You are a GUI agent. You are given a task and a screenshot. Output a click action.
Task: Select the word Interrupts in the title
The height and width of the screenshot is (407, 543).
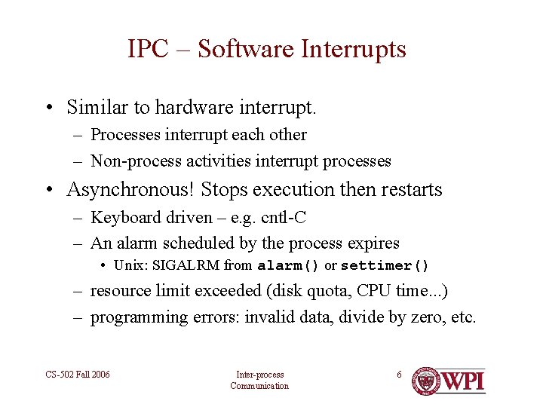tap(354, 50)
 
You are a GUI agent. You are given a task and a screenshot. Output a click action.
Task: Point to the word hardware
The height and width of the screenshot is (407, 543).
tap(192, 108)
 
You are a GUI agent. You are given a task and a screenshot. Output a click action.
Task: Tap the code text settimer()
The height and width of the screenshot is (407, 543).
tap(385, 265)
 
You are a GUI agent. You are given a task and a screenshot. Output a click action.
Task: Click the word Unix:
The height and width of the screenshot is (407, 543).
tap(130, 265)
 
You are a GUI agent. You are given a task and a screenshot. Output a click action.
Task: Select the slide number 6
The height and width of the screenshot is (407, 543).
tap(400, 375)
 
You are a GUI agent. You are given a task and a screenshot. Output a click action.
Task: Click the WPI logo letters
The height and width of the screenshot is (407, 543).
tap(463, 381)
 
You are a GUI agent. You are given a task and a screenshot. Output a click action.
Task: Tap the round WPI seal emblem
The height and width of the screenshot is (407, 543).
tap(426, 381)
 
